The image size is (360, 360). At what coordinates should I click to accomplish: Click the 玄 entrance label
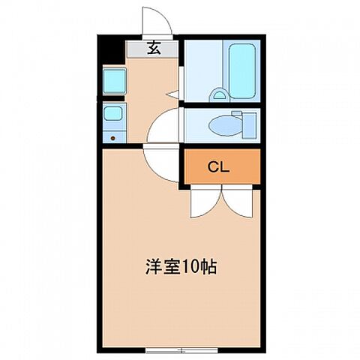(153, 49)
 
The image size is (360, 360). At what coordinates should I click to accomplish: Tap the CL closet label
(219, 166)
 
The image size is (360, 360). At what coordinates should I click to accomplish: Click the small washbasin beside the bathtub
(219, 95)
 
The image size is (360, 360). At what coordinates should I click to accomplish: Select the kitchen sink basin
(112, 114)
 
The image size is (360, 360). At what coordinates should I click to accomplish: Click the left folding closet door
(202, 199)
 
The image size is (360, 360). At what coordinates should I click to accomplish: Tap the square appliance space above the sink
(113, 79)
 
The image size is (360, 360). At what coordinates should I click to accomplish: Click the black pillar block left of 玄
(111, 51)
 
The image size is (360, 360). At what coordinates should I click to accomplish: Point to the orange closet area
(240, 166)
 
